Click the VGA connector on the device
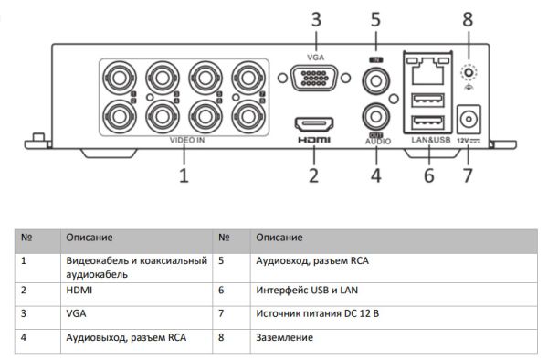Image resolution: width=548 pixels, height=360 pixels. pos(312,79)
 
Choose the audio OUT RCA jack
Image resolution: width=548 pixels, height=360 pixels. pos(374,115)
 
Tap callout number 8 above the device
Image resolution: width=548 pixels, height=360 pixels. pos(468,18)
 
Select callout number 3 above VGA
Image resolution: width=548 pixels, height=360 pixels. pos(315,18)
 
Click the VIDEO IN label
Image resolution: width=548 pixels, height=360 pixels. pos(187,142)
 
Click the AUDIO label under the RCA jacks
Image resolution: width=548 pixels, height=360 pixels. pos(377,143)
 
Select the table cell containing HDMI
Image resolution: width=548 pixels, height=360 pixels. pos(80,290)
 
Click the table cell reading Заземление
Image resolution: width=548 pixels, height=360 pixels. pos(283,337)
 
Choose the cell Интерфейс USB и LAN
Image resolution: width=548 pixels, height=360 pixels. pos(301,290)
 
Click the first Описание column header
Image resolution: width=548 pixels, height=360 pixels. pos(89,237)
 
